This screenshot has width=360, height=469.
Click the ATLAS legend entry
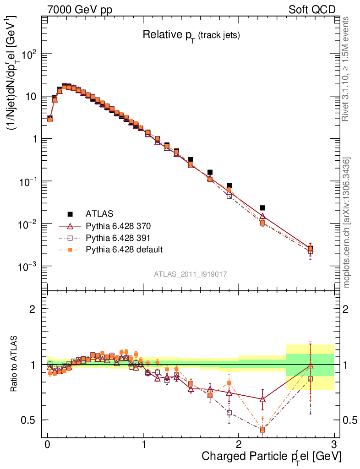[98, 213]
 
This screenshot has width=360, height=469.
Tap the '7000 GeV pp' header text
[80, 10]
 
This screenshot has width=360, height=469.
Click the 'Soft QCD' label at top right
[312, 10]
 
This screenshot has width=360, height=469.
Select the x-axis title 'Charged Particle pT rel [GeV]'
[272, 456]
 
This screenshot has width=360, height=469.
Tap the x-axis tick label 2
[239, 445]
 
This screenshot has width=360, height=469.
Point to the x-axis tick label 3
[334, 445]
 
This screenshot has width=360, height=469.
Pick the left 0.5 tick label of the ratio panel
[32, 420]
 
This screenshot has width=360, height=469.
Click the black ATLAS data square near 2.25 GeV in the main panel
[262, 208]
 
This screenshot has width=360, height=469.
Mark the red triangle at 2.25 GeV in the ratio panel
[262, 399]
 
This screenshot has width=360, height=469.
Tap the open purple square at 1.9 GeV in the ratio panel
[229, 413]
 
